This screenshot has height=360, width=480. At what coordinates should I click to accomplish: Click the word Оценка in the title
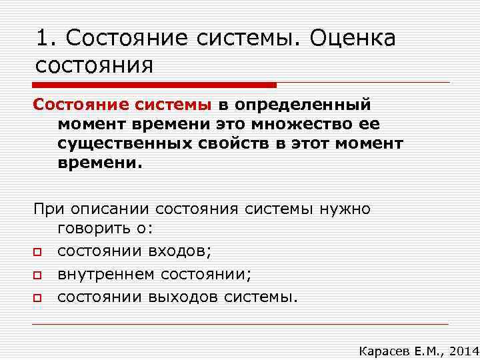pyautogui.click(x=353, y=38)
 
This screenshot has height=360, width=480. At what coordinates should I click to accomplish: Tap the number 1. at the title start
pyautogui.click(x=46, y=38)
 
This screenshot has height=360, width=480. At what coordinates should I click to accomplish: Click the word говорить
pyautogui.click(x=96, y=231)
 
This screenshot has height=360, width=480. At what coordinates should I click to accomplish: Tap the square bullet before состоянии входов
pyautogui.click(x=39, y=252)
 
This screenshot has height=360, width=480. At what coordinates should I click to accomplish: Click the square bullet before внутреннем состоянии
pyautogui.click(x=39, y=275)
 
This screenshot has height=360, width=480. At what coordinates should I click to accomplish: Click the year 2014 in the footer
pyautogui.click(x=463, y=350)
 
